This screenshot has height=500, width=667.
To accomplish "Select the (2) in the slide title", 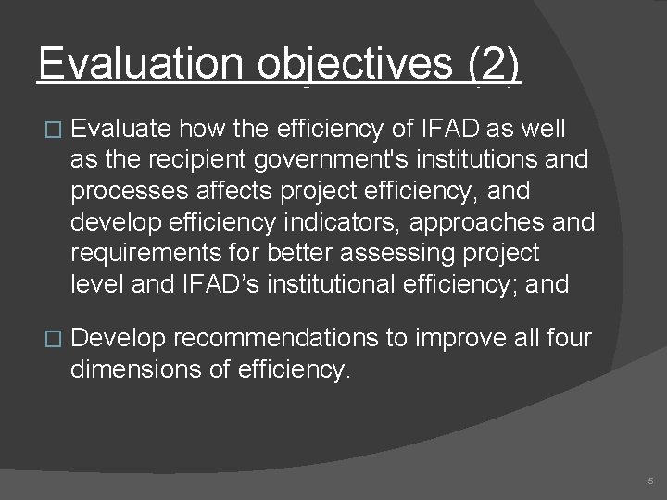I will pyautogui.click(x=495, y=65).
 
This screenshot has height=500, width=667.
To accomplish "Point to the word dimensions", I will pyautogui.click(x=132, y=369).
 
